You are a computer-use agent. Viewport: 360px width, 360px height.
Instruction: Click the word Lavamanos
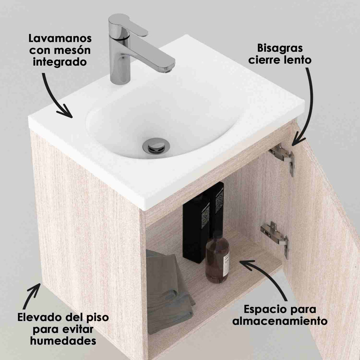coord(60,39)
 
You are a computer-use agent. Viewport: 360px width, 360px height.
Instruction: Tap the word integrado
coord(60,62)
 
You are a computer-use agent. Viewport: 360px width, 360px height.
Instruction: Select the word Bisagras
coord(280,48)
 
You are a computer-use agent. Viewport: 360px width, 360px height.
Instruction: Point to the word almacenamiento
coord(280,321)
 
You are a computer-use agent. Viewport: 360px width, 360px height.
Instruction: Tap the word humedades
coord(63,341)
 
